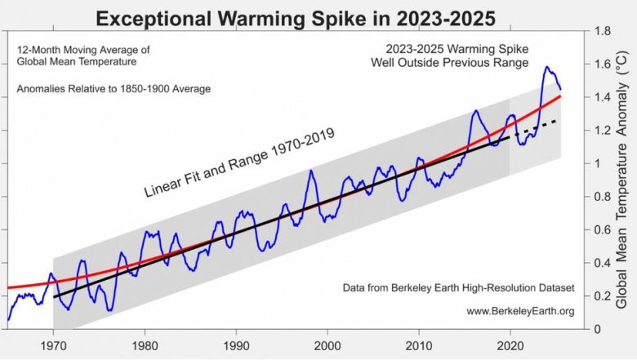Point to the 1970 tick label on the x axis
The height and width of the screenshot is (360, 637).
click(x=54, y=344)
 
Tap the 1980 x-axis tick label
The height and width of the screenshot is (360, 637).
click(x=145, y=344)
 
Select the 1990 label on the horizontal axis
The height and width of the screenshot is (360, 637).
click(x=237, y=344)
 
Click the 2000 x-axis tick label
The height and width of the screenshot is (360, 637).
click(x=327, y=344)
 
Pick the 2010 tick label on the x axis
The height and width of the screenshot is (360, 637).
click(x=419, y=344)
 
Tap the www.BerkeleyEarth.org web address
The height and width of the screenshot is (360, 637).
click(x=520, y=310)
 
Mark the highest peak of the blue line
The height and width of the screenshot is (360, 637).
click(x=546, y=67)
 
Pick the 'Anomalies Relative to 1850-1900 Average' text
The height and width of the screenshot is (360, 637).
click(x=113, y=88)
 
